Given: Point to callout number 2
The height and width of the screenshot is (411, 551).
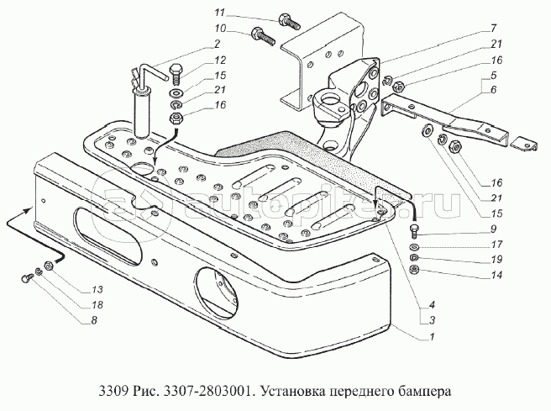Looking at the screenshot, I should click(x=217, y=44).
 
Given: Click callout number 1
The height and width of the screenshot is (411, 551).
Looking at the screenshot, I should click(x=433, y=337).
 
